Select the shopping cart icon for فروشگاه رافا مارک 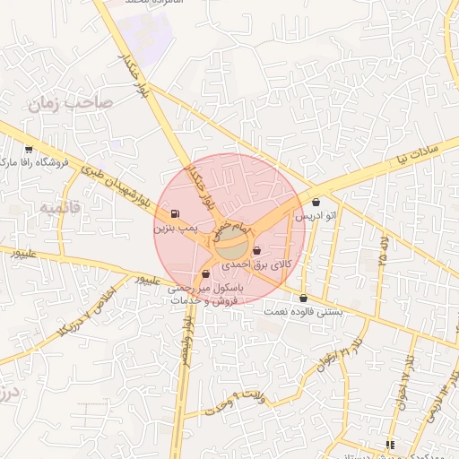click(30, 150)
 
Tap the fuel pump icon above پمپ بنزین click(173, 213)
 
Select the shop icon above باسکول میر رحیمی click(206, 273)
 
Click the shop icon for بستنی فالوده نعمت click(303, 298)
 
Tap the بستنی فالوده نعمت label click(304, 312)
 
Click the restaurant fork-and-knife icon click(389, 444)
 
